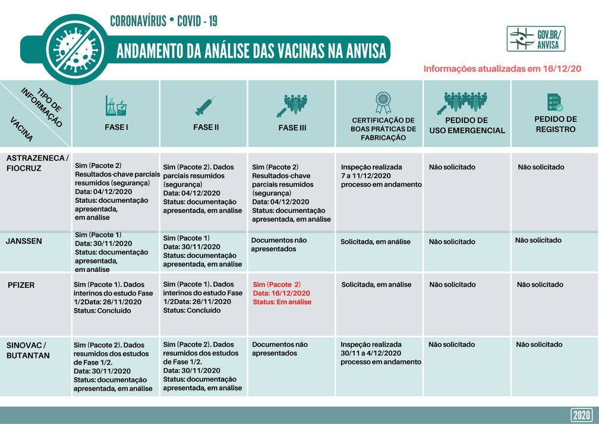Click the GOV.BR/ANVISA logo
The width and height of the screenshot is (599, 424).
536,39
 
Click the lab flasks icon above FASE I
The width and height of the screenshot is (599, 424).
116,105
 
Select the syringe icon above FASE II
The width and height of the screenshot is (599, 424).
204,106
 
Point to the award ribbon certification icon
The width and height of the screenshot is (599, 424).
383,102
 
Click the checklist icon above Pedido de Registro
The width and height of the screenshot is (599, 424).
555,103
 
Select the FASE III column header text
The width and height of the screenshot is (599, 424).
292,128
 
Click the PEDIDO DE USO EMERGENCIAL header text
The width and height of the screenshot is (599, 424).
466,125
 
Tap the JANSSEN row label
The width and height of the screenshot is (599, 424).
23,241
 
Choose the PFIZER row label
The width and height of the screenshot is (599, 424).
21,285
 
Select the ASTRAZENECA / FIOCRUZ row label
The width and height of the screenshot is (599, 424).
37,162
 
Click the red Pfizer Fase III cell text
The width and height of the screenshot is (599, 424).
282,293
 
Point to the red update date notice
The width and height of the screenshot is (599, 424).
502,68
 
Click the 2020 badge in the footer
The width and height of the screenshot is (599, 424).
581,415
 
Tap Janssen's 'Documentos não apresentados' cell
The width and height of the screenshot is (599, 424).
279,244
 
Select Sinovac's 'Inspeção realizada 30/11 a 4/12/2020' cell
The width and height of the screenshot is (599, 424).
380,353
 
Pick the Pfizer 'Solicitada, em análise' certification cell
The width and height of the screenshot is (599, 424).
376,285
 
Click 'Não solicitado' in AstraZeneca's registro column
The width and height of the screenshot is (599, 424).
541,167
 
